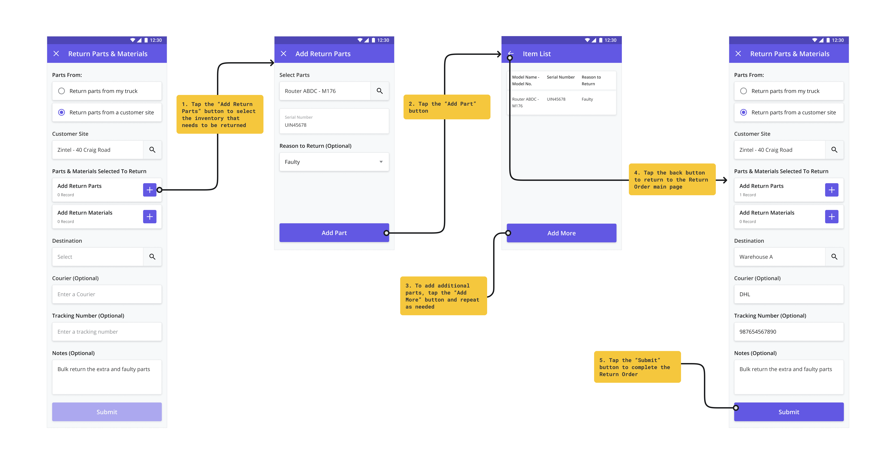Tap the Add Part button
click(334, 233)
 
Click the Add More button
click(561, 233)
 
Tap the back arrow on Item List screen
click(511, 53)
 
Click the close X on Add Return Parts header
click(284, 53)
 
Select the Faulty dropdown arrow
click(381, 162)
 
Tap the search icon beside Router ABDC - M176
click(379, 91)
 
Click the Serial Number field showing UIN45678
click(334, 121)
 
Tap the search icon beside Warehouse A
click(834, 257)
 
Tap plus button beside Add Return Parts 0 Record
click(150, 190)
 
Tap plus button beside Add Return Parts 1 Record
click(832, 190)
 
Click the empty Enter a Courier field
click(107, 294)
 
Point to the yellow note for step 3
click(443, 296)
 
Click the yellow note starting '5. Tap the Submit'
click(637, 367)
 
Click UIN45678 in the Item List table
click(556, 99)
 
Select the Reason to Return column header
click(591, 80)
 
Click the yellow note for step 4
click(672, 180)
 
